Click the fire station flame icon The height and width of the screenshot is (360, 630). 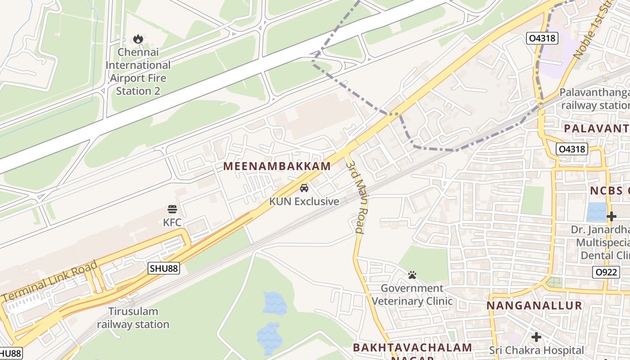(x=138, y=39)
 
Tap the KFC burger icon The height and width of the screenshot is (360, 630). (x=172, y=209)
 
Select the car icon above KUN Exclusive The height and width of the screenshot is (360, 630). (x=304, y=188)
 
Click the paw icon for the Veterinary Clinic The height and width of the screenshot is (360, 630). (x=412, y=275)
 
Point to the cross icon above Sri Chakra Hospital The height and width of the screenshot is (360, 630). (x=536, y=337)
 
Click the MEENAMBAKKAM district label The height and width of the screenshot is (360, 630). (x=277, y=166)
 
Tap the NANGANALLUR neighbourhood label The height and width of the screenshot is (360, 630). (x=534, y=306)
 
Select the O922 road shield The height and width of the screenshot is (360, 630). (x=605, y=272)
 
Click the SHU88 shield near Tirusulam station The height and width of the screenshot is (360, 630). (x=164, y=269)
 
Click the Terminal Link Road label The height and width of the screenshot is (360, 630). (x=50, y=281)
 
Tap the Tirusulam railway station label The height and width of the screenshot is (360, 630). (x=133, y=318)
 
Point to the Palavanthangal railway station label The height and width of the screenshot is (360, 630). (x=594, y=99)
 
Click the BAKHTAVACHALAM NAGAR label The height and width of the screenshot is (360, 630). (x=412, y=348)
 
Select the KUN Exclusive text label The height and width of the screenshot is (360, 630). (x=304, y=201)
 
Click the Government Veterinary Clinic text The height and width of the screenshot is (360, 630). (x=412, y=294)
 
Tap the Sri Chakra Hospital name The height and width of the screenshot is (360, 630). (x=536, y=350)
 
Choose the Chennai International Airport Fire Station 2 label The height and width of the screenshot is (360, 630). (x=138, y=72)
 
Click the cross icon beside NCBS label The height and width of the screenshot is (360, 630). (x=611, y=216)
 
